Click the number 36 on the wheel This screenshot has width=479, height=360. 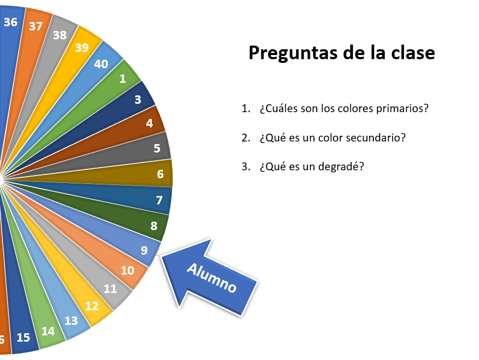[x=10, y=22]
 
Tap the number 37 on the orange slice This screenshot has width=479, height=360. [x=36, y=26]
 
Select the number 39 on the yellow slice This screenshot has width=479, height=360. [x=82, y=48]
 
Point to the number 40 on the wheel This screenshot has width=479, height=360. [x=101, y=64]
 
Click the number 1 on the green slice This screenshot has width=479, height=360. [x=123, y=79]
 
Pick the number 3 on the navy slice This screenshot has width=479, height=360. [x=138, y=100]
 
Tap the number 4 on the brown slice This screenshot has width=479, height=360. [x=149, y=123]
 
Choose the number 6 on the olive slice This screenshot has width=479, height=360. [x=160, y=174]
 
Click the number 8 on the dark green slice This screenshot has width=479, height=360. [x=154, y=226]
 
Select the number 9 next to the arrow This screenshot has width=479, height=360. [x=144, y=250]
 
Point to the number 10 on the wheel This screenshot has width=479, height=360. [x=127, y=270]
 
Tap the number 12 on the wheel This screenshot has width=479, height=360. [x=92, y=306]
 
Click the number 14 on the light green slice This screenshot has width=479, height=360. [x=48, y=331]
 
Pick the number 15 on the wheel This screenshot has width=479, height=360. [x=23, y=337]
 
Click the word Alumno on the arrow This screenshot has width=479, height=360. [x=211, y=278]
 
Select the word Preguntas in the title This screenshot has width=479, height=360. [x=293, y=53]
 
